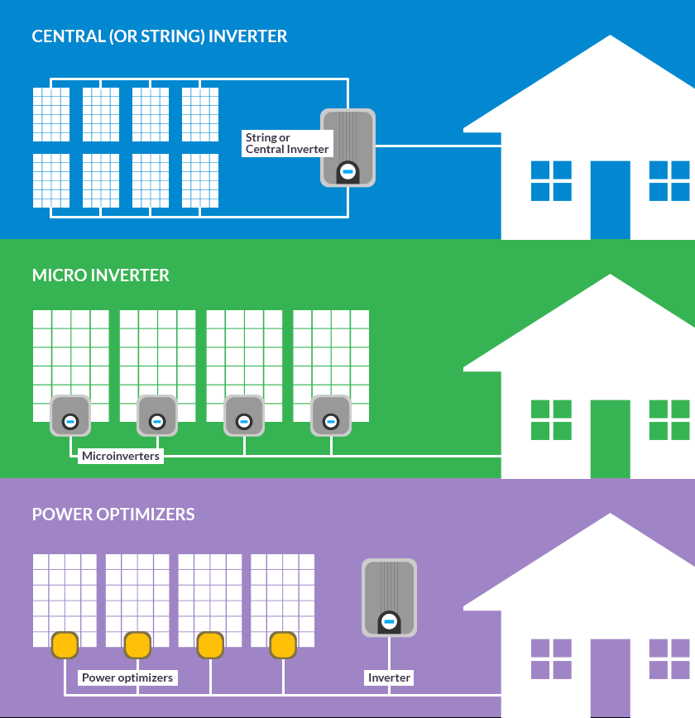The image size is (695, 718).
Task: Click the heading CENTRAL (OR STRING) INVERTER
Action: pyautogui.click(x=160, y=36)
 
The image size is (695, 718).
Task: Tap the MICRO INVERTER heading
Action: pyautogui.click(x=100, y=275)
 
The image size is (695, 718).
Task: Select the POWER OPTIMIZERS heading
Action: pyautogui.click(x=113, y=515)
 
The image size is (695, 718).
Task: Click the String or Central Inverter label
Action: pyautogui.click(x=287, y=143)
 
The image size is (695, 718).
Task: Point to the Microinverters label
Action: pyautogui.click(x=121, y=456)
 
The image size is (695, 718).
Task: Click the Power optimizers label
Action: pyautogui.click(x=127, y=677)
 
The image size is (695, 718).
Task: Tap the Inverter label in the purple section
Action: pyautogui.click(x=389, y=677)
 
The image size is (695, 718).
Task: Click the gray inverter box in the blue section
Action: pyautogui.click(x=347, y=147)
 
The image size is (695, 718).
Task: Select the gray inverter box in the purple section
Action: pyautogui.click(x=389, y=597)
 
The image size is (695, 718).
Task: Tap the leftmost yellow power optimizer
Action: pyautogui.click(x=65, y=644)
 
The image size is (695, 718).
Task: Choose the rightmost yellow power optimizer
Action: pyautogui.click(x=283, y=644)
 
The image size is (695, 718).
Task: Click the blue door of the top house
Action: pyautogui.click(x=610, y=199)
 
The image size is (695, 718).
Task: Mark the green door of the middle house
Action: pyautogui.click(x=610, y=438)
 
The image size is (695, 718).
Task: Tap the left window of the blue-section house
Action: pyautogui.click(x=551, y=180)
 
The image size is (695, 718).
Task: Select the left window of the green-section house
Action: pyautogui.click(x=551, y=419)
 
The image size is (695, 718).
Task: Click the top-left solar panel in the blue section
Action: pyautogui.click(x=51, y=115)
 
